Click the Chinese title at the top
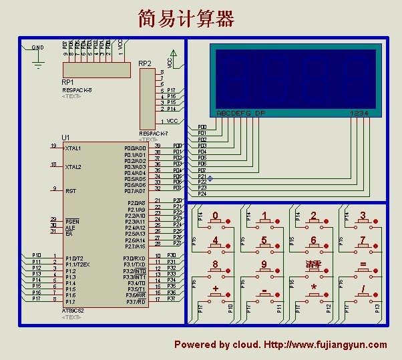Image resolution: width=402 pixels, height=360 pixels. point(186,18)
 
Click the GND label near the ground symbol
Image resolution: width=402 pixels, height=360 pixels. point(38,48)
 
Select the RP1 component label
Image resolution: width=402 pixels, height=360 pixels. point(67,82)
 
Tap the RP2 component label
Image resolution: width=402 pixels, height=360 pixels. point(145,63)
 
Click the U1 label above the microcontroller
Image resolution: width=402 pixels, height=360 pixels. point(65,138)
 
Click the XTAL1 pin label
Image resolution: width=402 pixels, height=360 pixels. point(73,148)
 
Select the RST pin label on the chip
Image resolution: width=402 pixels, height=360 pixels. point(70,191)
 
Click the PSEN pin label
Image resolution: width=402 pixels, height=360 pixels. point(72,221)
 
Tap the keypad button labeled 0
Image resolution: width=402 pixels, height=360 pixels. point(215,216)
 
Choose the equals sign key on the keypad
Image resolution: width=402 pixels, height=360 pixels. point(363,264)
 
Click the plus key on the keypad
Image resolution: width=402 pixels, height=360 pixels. point(215,289)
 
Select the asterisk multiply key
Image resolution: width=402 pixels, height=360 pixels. point(313,289)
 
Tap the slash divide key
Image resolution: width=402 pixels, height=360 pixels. point(363,289)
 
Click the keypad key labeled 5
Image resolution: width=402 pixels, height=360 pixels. point(264,240)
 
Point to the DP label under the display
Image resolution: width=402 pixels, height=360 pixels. point(260,114)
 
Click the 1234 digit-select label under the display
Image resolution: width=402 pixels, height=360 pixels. point(359,114)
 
